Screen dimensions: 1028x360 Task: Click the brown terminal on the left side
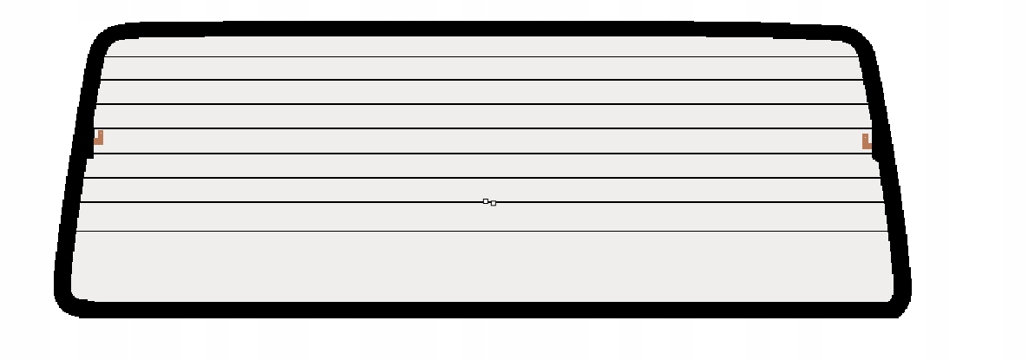(99, 137)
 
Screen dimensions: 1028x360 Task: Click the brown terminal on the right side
(866, 141)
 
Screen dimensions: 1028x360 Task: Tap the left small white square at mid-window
(486, 201)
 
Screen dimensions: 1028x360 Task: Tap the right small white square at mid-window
(493, 203)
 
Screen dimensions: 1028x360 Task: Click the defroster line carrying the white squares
(347, 202)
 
